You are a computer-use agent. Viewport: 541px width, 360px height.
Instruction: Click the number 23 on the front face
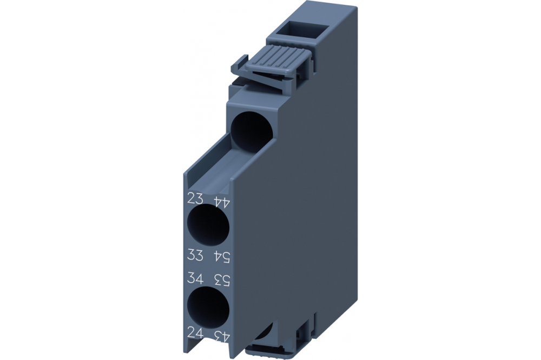(x=195, y=198)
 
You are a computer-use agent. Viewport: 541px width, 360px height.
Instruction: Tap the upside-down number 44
(x=222, y=202)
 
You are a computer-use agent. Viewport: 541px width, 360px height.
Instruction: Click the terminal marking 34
(x=195, y=279)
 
